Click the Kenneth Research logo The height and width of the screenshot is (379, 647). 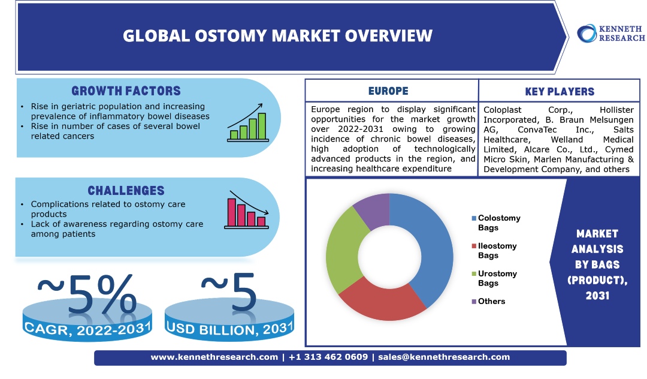610,33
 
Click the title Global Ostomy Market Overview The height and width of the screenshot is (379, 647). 277,35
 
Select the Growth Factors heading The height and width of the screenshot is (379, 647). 126,91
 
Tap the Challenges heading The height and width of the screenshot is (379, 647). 126,191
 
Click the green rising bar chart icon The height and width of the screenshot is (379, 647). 247,123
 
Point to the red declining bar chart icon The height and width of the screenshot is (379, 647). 246,210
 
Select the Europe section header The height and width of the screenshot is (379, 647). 388,91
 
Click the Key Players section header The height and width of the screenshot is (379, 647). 560,92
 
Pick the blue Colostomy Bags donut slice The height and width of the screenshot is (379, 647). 430,246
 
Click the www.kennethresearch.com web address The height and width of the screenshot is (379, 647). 214,357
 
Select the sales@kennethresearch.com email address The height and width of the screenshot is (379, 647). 444,357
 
